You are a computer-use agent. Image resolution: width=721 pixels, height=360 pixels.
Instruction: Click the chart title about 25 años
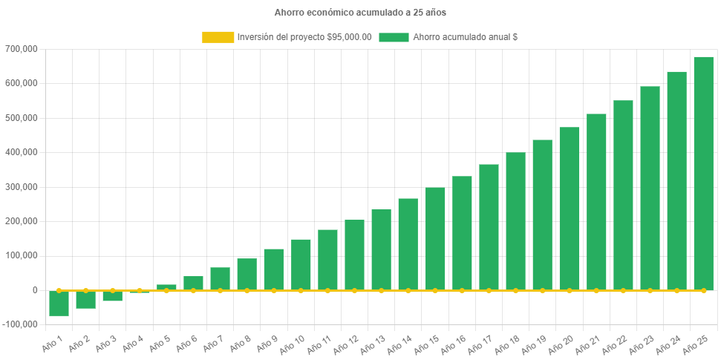click(360, 13)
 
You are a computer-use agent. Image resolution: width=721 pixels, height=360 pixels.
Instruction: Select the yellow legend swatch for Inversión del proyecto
click(217, 37)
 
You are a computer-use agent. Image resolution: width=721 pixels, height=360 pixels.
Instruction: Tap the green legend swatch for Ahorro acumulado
click(394, 37)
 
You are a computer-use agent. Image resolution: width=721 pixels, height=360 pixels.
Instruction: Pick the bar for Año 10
click(301, 264)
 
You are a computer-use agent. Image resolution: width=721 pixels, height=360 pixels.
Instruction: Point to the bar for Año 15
click(435, 238)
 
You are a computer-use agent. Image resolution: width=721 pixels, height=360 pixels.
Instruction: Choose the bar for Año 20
click(570, 209)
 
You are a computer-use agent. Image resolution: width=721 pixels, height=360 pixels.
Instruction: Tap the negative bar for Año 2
click(86, 299)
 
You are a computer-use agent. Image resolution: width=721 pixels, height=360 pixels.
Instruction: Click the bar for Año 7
click(221, 278)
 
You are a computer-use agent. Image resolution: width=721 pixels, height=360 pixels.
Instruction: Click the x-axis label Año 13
click(371, 344)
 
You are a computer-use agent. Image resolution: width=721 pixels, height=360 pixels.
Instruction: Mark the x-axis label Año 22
click(613, 344)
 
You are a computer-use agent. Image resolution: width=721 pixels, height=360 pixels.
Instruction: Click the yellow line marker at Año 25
click(703, 290)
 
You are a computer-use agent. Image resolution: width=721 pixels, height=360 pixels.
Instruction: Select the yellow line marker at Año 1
click(59, 290)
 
